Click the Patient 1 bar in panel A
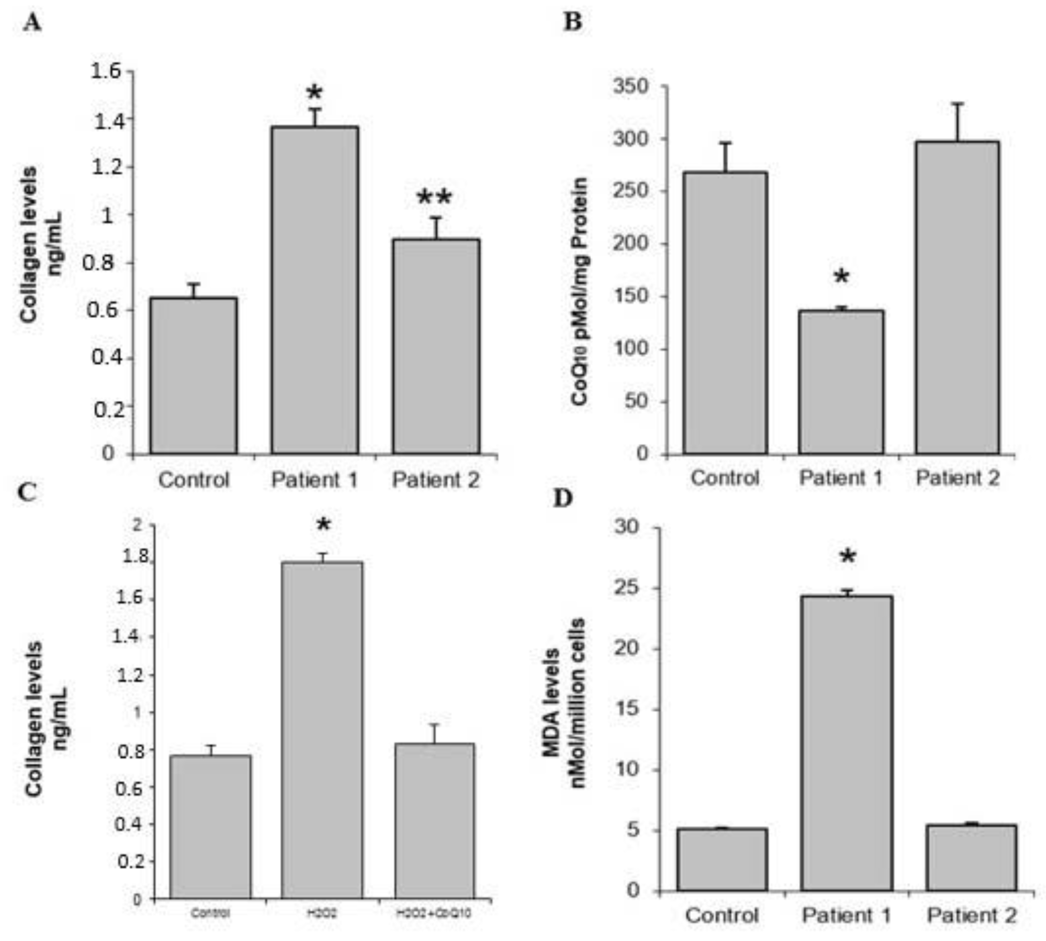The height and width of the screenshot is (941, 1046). click(x=314, y=290)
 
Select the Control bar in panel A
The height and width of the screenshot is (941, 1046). click(x=194, y=375)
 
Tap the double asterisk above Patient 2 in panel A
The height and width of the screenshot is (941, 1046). click(x=435, y=198)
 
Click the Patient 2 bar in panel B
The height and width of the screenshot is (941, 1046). click(x=957, y=298)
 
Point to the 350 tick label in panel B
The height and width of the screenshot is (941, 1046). click(x=630, y=86)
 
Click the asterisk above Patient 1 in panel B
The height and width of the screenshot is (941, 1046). click(x=841, y=277)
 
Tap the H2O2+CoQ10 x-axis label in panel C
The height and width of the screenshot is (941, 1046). click(x=434, y=913)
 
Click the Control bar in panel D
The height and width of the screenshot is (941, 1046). click(x=722, y=859)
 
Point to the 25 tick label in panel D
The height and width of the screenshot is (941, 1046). click(x=627, y=588)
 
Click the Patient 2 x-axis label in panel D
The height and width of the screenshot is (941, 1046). click(x=971, y=915)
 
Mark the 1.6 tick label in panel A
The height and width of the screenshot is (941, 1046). click(x=106, y=71)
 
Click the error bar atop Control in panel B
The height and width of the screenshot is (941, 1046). click(x=726, y=156)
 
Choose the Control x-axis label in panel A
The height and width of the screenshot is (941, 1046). click(x=194, y=480)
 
